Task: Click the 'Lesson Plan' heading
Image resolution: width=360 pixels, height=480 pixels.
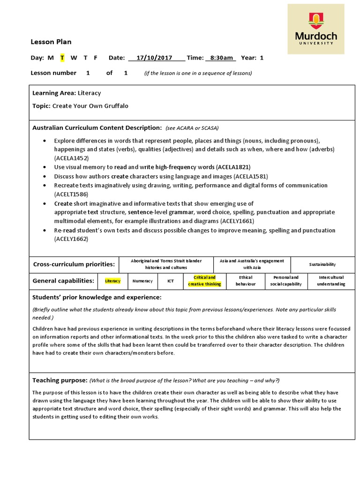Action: pos(51,42)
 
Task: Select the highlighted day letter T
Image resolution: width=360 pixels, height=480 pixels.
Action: pos(62,58)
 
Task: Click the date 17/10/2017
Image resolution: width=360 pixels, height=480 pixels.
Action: pos(154,58)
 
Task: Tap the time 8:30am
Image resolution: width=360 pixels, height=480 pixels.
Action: pos(222,58)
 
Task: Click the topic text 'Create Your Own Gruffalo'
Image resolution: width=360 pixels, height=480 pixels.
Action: pos(90,106)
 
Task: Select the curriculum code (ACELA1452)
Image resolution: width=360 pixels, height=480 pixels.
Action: pos(71,158)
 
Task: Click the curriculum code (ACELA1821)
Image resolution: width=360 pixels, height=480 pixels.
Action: pos(233,167)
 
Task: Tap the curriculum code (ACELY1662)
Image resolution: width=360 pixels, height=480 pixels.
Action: pos(71,239)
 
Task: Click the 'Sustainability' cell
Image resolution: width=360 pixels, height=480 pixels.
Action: pos(322,264)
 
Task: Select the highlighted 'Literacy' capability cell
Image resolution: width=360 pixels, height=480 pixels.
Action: pos(112,281)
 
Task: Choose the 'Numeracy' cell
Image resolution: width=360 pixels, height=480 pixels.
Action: pos(142,281)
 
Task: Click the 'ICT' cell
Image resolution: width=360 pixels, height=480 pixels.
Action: pos(171,281)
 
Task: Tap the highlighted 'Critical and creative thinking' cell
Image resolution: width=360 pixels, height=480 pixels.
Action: pos(204,281)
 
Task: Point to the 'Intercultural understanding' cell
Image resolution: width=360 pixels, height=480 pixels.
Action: pos(331,281)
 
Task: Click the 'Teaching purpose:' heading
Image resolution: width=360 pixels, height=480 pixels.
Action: pos(60,380)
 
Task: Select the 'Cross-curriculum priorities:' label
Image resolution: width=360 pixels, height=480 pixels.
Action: pos(74,264)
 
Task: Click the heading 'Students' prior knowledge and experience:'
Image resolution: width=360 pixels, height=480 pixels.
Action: pos(97,297)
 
